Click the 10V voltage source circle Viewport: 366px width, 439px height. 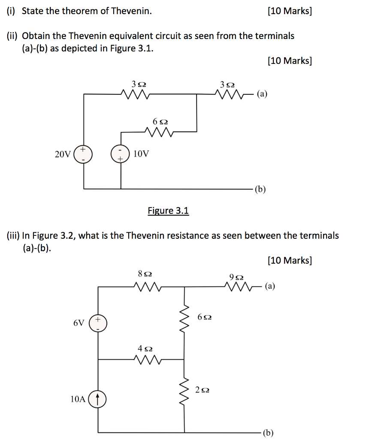120,154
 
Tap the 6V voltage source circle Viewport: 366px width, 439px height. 98,323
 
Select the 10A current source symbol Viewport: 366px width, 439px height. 98,400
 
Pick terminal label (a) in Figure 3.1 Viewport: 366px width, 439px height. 262,94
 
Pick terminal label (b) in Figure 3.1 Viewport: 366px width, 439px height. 260,189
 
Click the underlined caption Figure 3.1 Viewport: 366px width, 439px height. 168,210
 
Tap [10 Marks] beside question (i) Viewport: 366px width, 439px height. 289,11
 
